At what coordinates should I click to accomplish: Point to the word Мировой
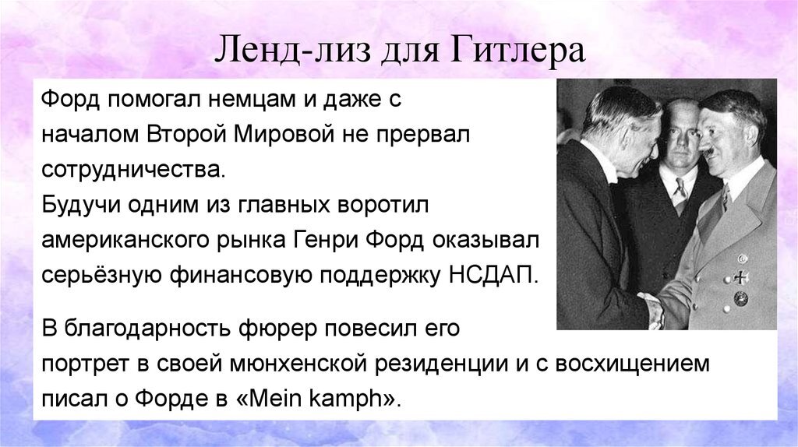[x=284, y=134]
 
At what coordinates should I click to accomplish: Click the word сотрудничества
[x=132, y=169]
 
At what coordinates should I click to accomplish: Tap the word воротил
[x=383, y=205]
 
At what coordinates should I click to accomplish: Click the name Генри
[x=325, y=240]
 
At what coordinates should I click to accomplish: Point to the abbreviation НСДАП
[x=493, y=275]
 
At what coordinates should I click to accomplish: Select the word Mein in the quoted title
[x=278, y=398]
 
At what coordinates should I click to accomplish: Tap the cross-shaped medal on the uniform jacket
[x=740, y=277]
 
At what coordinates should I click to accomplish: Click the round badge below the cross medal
[x=740, y=298]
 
